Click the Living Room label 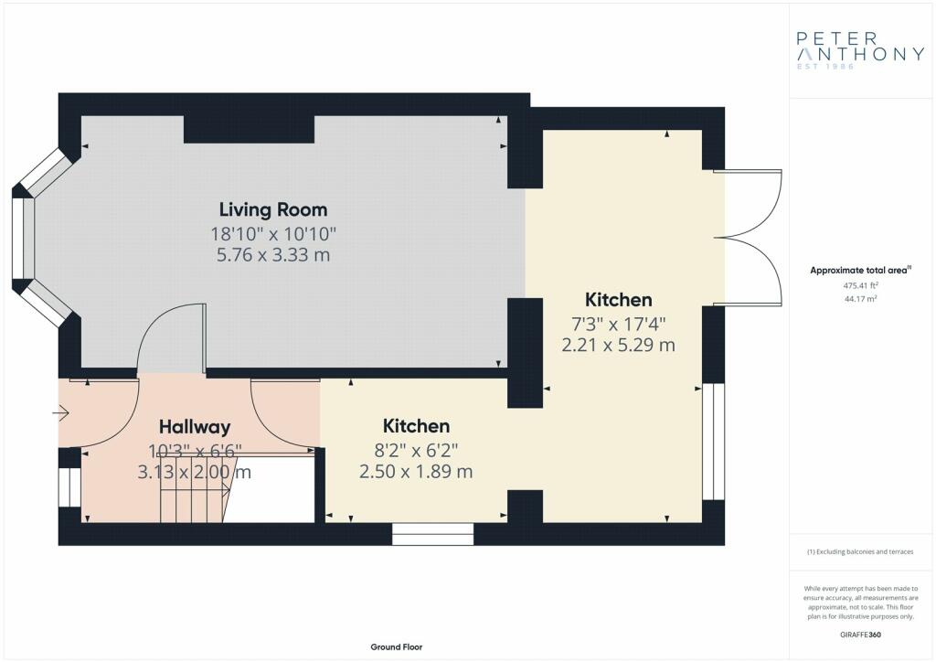(273, 209)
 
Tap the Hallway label (195, 427)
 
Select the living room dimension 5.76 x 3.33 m (273, 255)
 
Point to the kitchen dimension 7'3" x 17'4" (619, 324)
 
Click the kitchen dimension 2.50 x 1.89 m (416, 472)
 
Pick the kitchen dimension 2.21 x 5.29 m (619, 345)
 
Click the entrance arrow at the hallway (61, 412)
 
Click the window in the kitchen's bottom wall (432, 534)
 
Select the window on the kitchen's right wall (713, 442)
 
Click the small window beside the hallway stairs (69, 487)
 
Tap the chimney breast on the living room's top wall (249, 129)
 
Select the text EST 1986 (825, 66)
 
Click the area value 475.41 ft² (861, 286)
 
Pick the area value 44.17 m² (861, 299)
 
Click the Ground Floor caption (397, 647)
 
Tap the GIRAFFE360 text (861, 635)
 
